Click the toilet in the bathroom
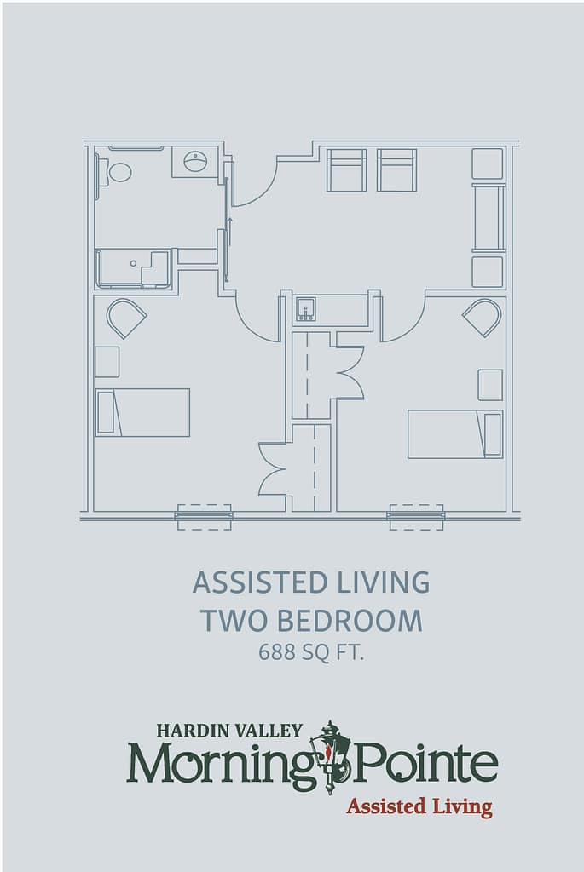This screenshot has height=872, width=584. coord(117,172)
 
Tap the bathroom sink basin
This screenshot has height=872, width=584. coord(195,162)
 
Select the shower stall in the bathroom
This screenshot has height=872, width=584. coord(134,267)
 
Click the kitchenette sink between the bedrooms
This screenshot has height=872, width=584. coord(305,308)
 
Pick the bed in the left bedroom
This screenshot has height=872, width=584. coord(142,413)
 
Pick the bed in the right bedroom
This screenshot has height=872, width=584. coord(454,434)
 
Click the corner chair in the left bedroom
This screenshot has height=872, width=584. coord(126,318)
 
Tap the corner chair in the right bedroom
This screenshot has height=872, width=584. coord(483,317)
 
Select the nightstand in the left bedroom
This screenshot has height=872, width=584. coord(107,362)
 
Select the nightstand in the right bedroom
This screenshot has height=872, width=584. coord(490,385)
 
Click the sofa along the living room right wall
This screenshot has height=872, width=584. coord(489,217)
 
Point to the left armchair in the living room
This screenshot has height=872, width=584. coord(346,170)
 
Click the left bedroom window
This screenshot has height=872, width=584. coord(204,516)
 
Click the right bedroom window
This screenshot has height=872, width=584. coord(416,516)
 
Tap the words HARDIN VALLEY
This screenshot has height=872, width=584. coord(229,730)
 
